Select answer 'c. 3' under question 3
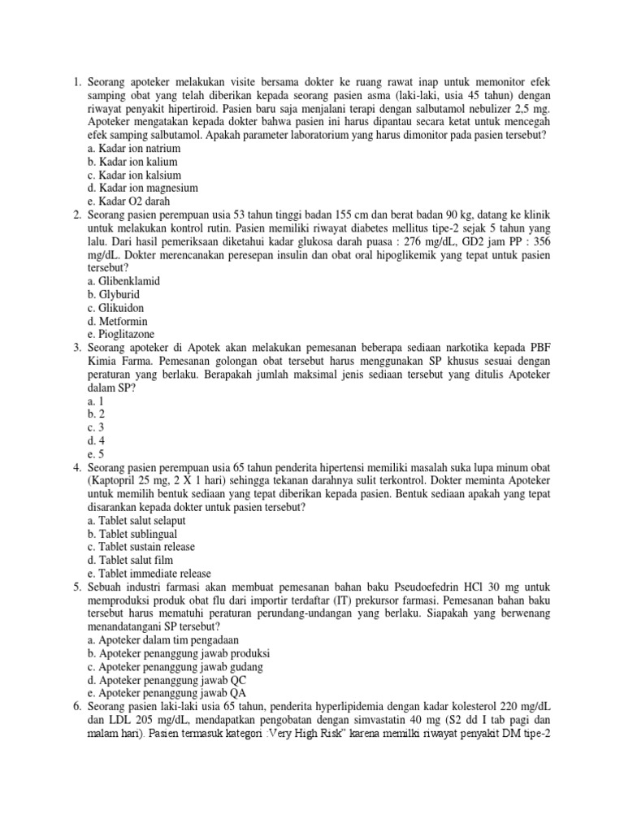[102, 427]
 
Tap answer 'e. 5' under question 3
[102, 453]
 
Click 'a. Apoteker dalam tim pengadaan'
[169, 640]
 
